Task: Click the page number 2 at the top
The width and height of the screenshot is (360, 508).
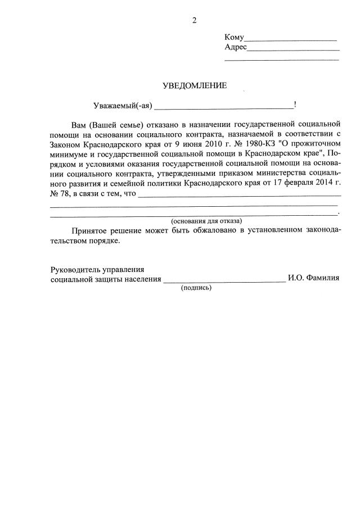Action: [x=195, y=21]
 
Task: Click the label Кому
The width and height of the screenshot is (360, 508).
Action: [x=234, y=38]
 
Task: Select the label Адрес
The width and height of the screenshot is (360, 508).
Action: [x=236, y=47]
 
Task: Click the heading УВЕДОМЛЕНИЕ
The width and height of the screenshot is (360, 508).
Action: [x=195, y=86]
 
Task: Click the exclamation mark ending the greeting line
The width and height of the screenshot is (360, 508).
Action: [x=295, y=105]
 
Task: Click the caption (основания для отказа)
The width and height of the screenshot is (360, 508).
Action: [x=206, y=221]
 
